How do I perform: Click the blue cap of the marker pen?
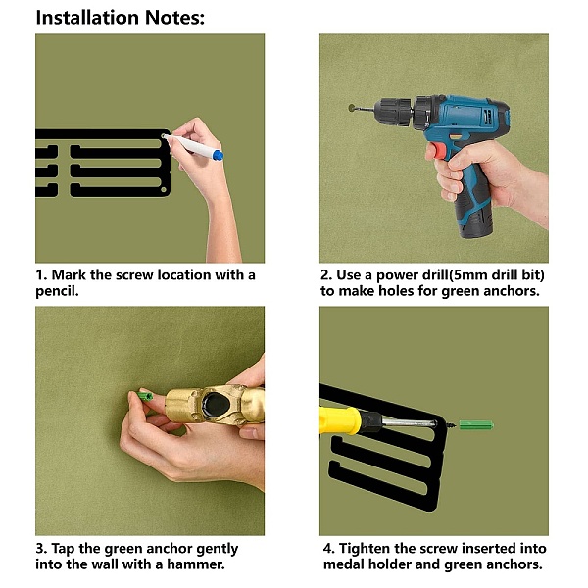[x=218, y=155]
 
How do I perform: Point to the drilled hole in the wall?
[x=352, y=108]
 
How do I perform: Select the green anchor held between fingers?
[x=145, y=396]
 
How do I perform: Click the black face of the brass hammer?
[x=216, y=406]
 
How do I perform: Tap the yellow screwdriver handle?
[x=340, y=420]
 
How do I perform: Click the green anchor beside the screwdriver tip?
[x=476, y=425]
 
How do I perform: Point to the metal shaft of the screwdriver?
[x=409, y=423]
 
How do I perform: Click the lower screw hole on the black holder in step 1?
[x=164, y=190]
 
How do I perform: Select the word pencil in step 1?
[x=56, y=291]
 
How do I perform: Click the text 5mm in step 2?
[x=469, y=275]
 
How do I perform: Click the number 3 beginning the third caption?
[x=39, y=549]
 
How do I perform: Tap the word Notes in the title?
[x=174, y=18]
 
